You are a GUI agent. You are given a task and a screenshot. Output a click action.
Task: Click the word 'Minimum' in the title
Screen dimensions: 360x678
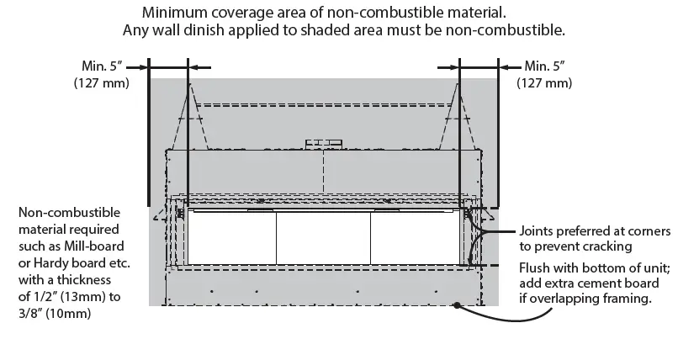click(172, 13)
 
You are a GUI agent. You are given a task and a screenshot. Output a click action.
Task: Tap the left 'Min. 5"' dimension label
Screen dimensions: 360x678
click(101, 66)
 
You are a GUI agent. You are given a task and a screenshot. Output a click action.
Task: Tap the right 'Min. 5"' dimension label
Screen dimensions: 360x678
click(544, 66)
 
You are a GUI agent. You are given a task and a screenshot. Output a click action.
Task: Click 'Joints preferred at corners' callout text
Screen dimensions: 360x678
click(595, 230)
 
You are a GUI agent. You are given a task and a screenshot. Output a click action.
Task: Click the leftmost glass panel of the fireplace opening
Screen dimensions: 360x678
click(231, 237)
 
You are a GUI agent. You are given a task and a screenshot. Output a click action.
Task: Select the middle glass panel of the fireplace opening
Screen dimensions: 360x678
click(323, 237)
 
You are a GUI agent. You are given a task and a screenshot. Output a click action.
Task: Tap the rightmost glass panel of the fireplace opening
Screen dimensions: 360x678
click(416, 237)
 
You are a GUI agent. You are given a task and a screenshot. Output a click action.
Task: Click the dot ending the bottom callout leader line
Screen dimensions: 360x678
click(457, 304)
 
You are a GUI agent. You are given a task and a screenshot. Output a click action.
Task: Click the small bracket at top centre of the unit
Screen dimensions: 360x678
click(325, 142)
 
